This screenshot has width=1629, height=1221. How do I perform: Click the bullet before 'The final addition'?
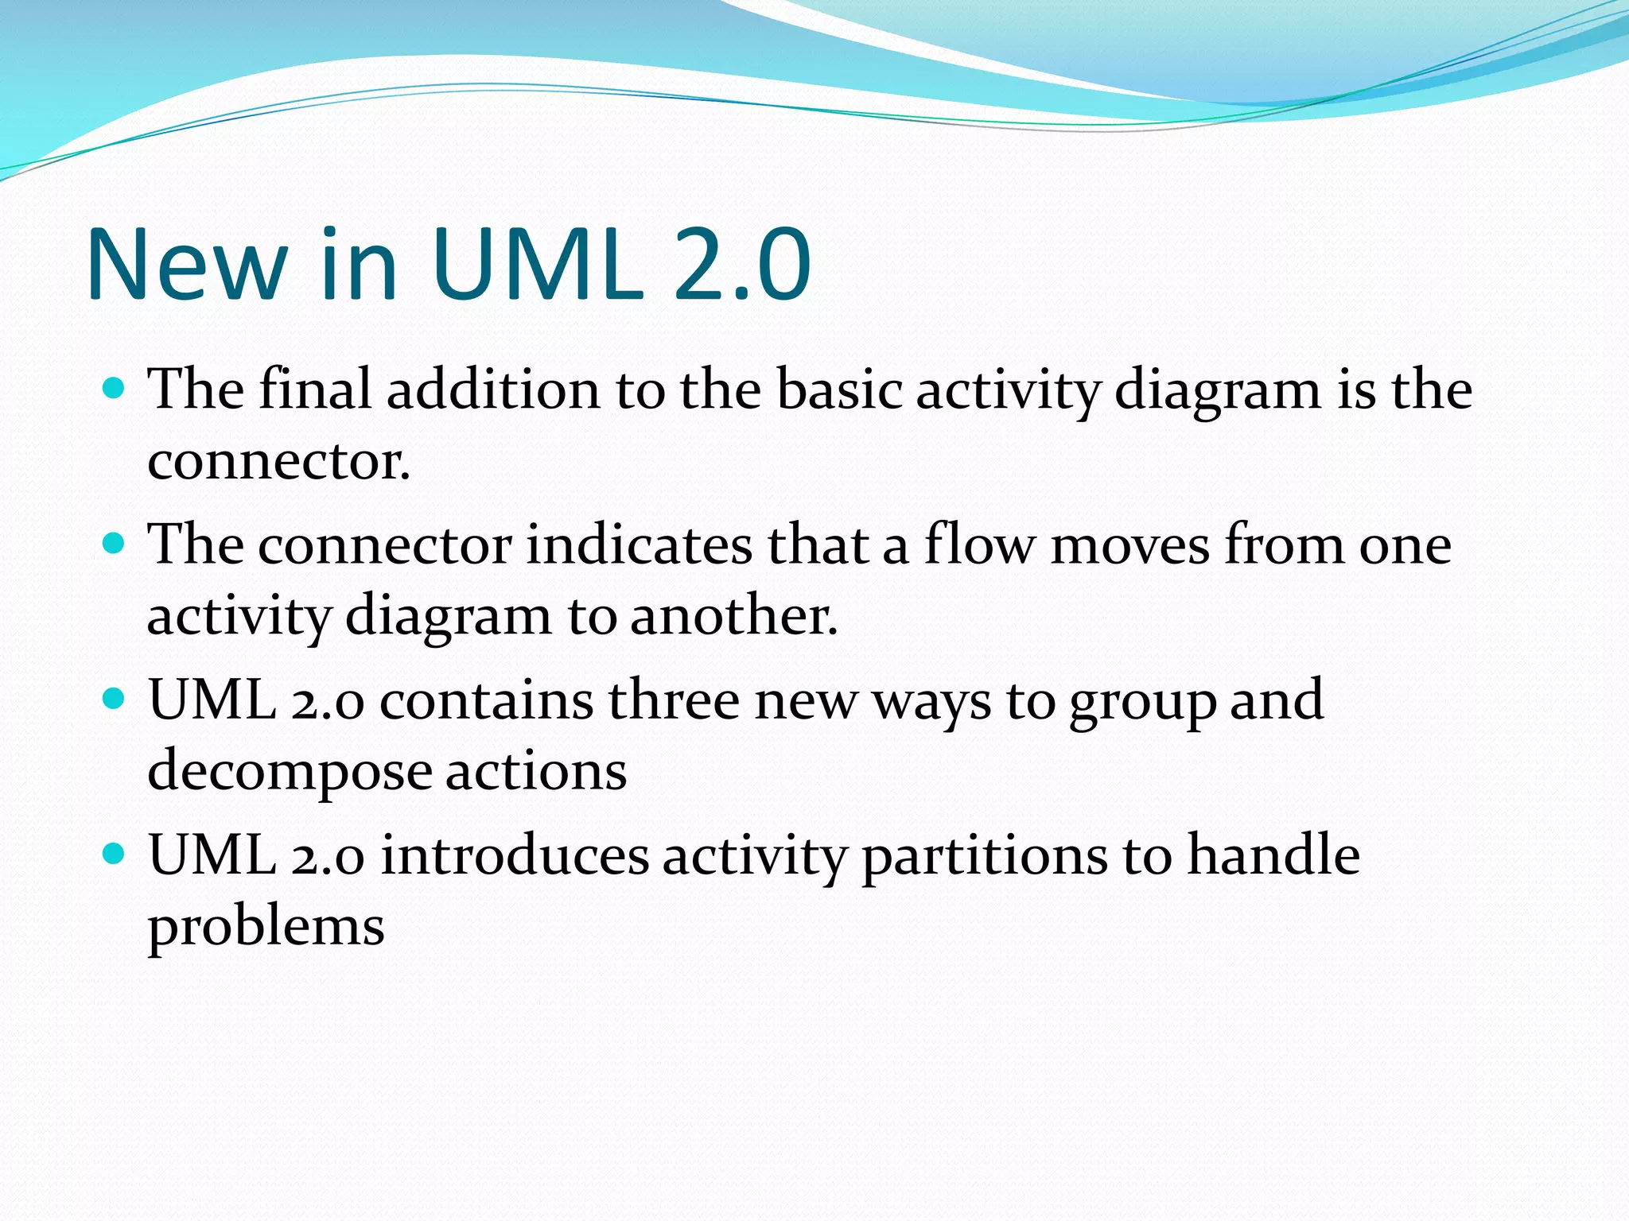pos(115,389)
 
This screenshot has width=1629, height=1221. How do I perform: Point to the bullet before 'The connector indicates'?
pos(115,545)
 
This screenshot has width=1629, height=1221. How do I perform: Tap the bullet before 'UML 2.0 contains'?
pos(115,700)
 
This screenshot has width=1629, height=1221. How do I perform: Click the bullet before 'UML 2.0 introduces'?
pos(115,855)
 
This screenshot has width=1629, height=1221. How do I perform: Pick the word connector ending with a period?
pos(278,461)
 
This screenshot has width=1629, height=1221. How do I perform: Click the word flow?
pos(979,545)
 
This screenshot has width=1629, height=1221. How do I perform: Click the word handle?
pos(1273,855)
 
